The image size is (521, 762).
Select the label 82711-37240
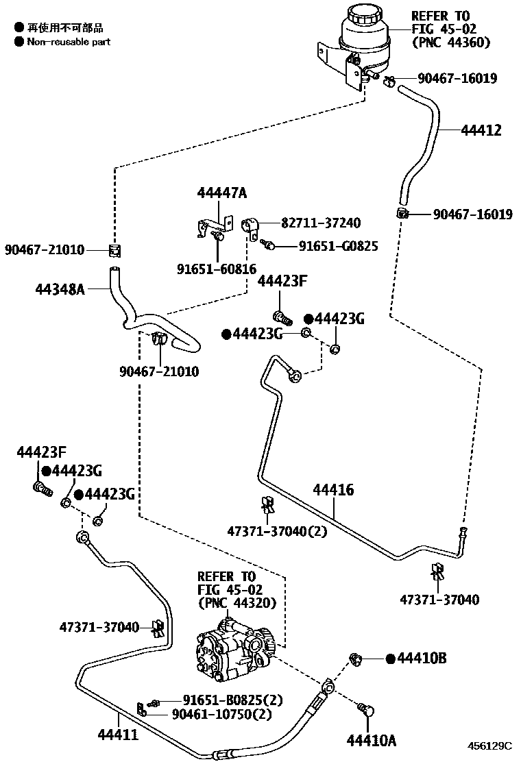pyautogui.click(x=320, y=223)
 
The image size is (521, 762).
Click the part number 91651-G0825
pyautogui.click(x=337, y=246)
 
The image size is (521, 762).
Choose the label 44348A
pyautogui.click(x=60, y=289)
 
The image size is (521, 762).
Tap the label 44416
pyautogui.click(x=333, y=490)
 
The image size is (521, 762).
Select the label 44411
pyautogui.click(x=117, y=735)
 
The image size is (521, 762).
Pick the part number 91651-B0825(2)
pyautogui.click(x=232, y=700)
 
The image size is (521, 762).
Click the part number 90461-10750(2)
pyautogui.click(x=221, y=714)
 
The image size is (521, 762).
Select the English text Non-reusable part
pyautogui.click(x=69, y=42)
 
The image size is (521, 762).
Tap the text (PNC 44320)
pyautogui.click(x=236, y=603)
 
